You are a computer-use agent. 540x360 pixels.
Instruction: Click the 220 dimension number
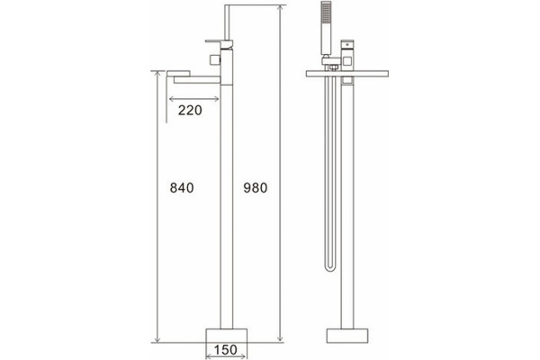(x=190, y=110)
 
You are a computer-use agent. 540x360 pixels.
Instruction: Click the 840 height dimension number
(x=182, y=188)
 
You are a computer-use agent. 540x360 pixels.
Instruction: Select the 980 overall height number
(x=256, y=188)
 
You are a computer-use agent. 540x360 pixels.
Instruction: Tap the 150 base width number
(x=226, y=350)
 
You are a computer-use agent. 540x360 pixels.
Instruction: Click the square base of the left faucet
(x=226, y=336)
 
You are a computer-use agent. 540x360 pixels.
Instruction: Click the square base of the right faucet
(x=347, y=336)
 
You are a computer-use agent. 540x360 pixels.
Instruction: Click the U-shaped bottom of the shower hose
(x=330, y=267)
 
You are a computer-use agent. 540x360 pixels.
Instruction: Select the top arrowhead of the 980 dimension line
(x=281, y=8)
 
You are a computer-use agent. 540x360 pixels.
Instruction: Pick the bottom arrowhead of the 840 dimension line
(x=157, y=339)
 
